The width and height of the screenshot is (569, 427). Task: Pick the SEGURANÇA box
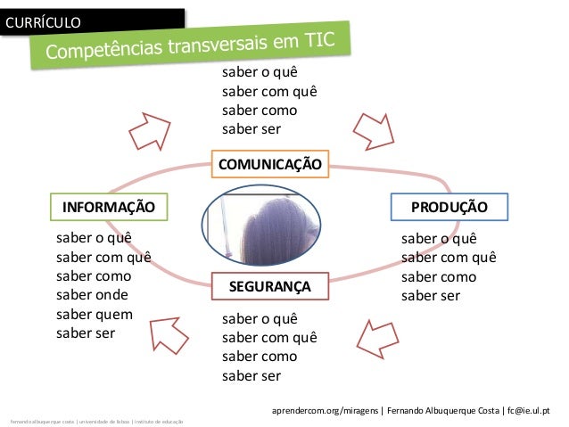tap(269, 286)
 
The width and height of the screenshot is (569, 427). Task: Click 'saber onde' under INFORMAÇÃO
tap(92, 295)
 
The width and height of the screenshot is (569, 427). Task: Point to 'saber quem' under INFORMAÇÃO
tap(94, 314)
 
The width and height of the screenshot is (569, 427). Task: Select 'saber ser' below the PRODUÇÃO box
tap(430, 296)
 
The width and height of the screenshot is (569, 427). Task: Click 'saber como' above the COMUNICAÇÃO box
tap(260, 111)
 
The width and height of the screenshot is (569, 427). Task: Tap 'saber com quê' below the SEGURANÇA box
tap(269, 338)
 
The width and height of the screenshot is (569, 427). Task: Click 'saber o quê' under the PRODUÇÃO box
tap(439, 239)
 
